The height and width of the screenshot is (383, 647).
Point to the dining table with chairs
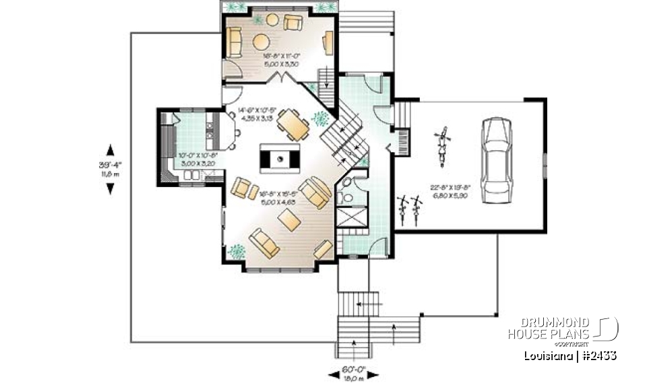tap(294, 124)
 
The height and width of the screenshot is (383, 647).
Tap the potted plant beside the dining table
tap(320, 120)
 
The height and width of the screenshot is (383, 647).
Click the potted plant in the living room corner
tap(237, 252)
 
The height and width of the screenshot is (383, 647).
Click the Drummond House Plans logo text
tap(559, 328)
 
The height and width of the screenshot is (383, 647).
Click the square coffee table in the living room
tap(289, 219)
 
